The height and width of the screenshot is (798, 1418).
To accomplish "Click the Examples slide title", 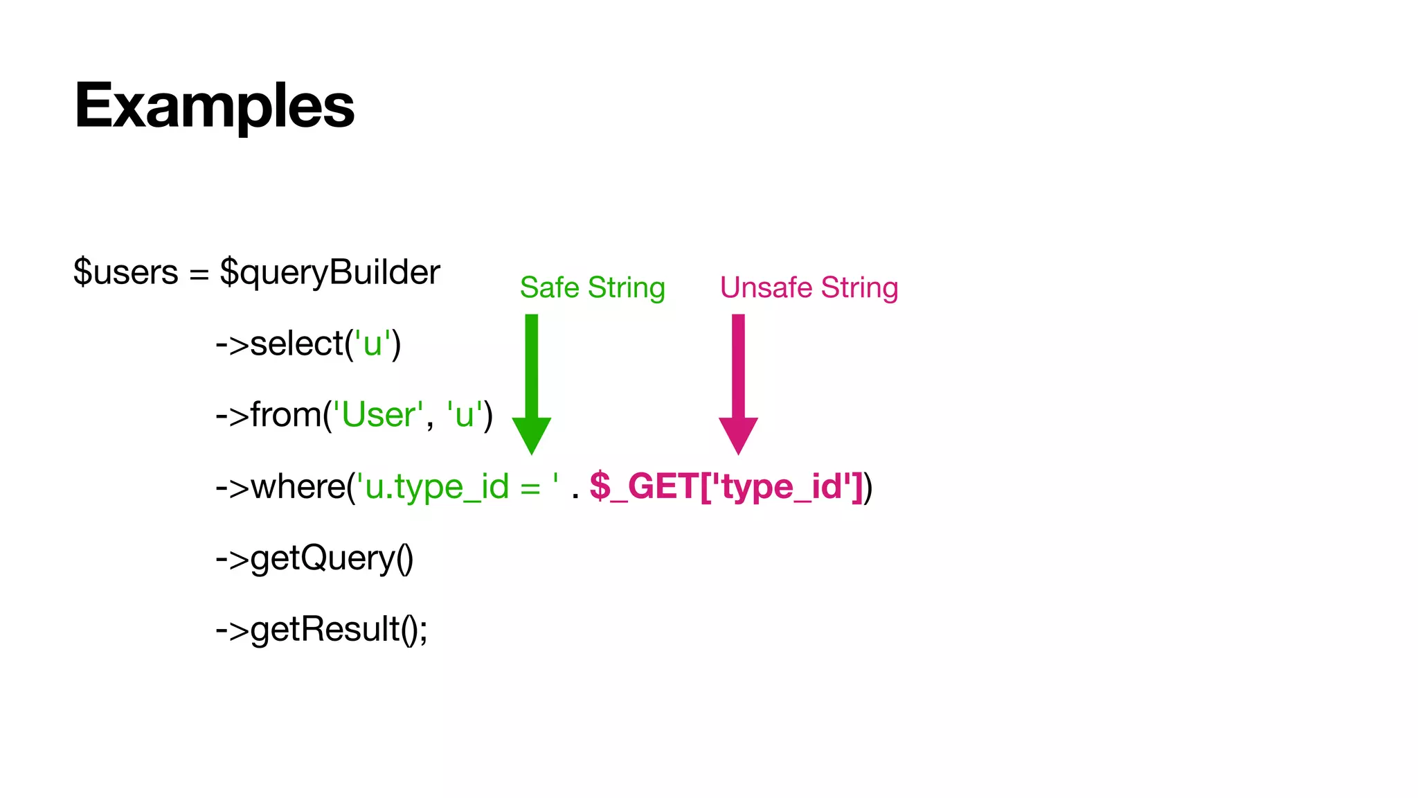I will point(214,106).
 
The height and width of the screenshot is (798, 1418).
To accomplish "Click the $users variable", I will point(125,272).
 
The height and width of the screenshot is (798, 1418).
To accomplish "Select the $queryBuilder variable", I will point(330,272).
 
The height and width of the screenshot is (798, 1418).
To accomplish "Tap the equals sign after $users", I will point(199,274).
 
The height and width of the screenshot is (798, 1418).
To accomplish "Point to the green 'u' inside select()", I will point(373,344).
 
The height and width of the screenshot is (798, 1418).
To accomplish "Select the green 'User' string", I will point(378,415).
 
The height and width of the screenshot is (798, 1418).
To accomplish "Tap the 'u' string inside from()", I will point(464,415).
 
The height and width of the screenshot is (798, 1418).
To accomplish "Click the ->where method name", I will point(281,486).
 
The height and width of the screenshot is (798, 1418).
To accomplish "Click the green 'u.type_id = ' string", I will point(457,486).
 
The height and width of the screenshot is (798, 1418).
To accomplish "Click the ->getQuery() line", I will point(314,558).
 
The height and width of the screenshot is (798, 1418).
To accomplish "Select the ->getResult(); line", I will point(321,630).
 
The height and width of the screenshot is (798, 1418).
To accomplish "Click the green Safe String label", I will point(592,287).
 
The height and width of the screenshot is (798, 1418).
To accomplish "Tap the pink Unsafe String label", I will point(809,287).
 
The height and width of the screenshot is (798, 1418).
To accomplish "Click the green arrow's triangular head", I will point(531,434).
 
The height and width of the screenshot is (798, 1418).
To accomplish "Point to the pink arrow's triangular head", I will point(738,434).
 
